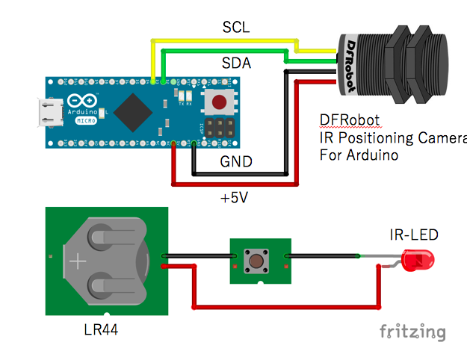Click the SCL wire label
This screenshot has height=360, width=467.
[x=236, y=28]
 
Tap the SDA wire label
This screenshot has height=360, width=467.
[x=236, y=63]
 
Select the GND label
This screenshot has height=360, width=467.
[x=237, y=161]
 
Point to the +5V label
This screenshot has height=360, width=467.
[x=236, y=198]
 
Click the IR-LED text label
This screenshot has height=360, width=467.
[x=413, y=235]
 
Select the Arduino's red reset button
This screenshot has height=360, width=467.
[x=219, y=102]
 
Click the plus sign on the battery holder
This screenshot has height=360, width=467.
[x=79, y=262]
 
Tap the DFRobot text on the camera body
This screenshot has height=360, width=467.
[x=351, y=66]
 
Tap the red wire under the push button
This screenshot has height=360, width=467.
[x=284, y=305]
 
